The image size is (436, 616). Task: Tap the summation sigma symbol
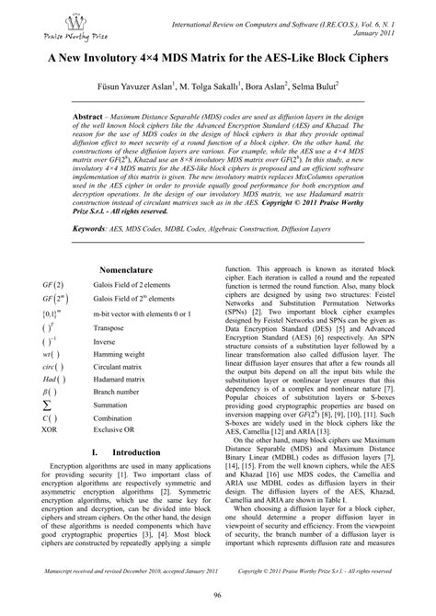(x=47, y=403)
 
